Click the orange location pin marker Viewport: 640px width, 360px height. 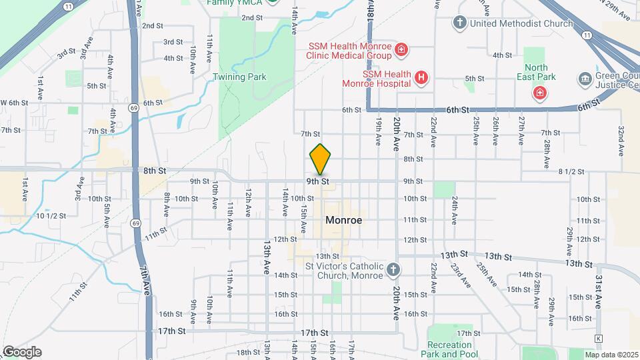(320, 159)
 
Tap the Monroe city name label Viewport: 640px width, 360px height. (344, 220)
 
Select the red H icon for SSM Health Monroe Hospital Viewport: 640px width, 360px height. (421, 78)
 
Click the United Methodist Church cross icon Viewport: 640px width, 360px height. (459, 23)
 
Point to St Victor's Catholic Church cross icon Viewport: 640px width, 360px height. (393, 270)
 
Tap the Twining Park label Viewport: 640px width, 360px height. (239, 77)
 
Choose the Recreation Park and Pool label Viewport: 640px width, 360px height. (449, 349)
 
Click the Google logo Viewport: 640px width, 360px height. (21, 352)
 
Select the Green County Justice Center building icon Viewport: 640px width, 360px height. (585, 78)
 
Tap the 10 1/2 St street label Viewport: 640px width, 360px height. (51, 216)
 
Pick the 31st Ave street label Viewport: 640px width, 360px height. (599, 291)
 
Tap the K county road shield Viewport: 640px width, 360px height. (598, 339)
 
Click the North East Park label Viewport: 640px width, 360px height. (536, 72)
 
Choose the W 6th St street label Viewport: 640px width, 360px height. (14, 103)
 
